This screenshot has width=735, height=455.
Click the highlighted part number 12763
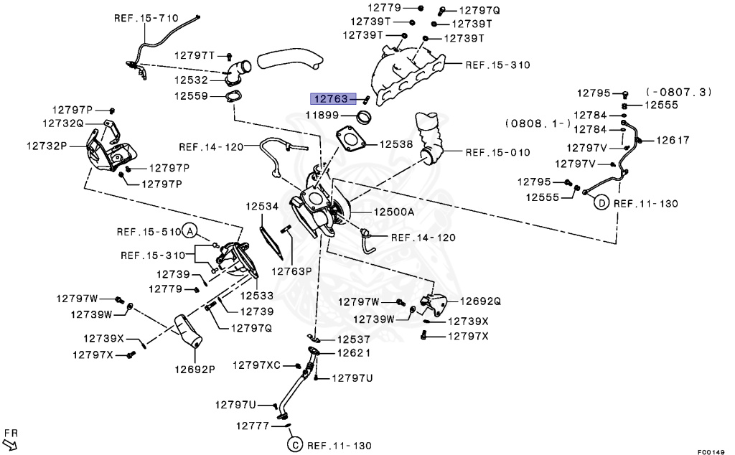pyautogui.click(x=329, y=98)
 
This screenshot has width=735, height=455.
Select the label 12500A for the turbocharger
pyautogui.click(x=393, y=212)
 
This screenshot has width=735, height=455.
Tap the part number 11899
pyautogui.click(x=324, y=115)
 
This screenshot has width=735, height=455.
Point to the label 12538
pyautogui.click(x=395, y=144)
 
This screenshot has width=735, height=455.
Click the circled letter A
pyautogui.click(x=189, y=231)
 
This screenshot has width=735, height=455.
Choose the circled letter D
pyautogui.click(x=600, y=203)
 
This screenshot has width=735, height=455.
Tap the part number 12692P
pyautogui.click(x=194, y=370)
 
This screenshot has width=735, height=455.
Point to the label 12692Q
pyautogui.click(x=480, y=301)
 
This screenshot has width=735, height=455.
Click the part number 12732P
pyautogui.click(x=47, y=145)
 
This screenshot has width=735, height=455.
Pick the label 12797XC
pyautogui.click(x=259, y=366)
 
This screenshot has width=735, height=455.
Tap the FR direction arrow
pyautogui.click(x=11, y=438)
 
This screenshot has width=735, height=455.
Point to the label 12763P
pyautogui.click(x=291, y=271)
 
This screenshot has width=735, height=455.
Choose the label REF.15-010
pyautogui.click(x=497, y=152)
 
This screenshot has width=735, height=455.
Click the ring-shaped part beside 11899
pyautogui.click(x=365, y=116)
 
